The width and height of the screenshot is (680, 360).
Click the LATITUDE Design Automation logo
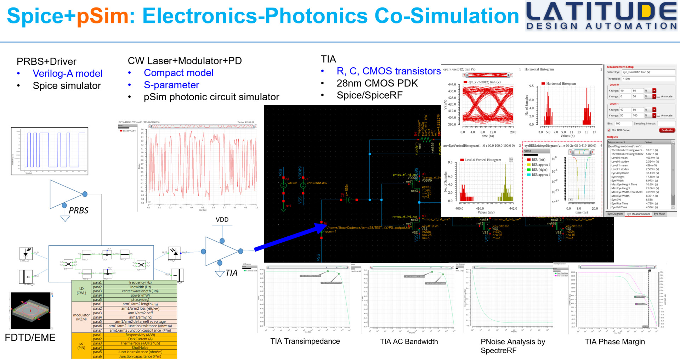tap(601, 16)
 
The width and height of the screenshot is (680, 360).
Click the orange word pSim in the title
tap(102, 16)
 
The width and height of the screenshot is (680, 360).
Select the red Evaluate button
tap(667, 130)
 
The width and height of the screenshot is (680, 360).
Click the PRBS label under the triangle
tap(78, 210)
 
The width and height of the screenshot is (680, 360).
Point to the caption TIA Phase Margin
tap(614, 342)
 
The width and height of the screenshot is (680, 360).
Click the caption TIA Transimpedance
tap(305, 341)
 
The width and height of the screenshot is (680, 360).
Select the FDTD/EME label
tap(30, 338)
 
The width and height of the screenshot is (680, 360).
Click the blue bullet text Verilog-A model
tap(67, 73)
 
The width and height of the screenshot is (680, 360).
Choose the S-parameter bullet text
tap(171, 85)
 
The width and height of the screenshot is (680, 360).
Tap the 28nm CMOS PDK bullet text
tap(377, 83)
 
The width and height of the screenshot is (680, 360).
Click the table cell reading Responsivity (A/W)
tap(140, 335)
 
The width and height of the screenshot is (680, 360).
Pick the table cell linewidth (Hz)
tap(140, 287)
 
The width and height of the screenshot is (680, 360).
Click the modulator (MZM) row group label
tap(81, 317)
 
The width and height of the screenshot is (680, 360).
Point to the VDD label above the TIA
tap(222, 220)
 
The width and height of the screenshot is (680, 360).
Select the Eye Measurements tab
tap(638, 214)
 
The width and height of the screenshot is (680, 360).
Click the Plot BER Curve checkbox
tap(609, 130)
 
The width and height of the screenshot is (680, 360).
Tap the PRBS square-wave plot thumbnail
tap(50, 151)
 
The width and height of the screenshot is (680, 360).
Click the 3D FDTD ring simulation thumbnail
tap(31, 311)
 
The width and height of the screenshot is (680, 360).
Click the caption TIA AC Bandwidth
tap(409, 342)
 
